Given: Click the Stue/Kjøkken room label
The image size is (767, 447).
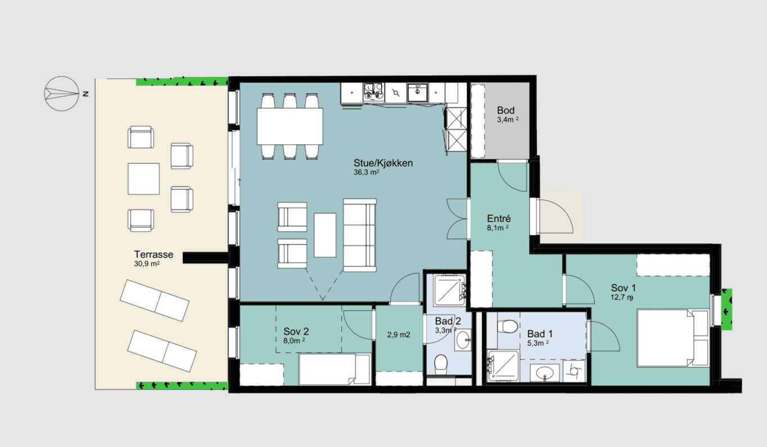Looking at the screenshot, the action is tap(383, 163).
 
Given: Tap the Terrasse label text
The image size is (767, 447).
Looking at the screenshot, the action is tap(154, 254).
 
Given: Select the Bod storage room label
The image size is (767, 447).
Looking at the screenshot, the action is tap(506, 110).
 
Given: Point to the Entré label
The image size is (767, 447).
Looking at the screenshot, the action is tap(499, 218).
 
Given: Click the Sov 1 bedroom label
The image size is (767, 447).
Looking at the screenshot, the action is tap(623, 288).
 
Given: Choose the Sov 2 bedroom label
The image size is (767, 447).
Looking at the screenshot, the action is tap(296, 332).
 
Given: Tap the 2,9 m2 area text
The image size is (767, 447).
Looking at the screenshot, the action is tap(399, 335).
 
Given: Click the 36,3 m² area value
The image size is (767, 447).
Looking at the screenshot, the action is tap(366, 172).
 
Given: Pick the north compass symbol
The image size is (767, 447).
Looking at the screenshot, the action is tap(62, 93).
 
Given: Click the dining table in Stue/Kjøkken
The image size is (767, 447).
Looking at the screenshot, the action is tap(290, 126).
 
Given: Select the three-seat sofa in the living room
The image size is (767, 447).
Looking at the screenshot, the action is tap(359, 235).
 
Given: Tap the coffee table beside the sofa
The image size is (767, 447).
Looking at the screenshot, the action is tap(325, 235).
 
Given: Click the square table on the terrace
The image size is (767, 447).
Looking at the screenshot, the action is tap(143, 179).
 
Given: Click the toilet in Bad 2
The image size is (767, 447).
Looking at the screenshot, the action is tap(441, 364).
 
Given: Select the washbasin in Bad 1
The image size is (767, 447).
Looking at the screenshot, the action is tap(544, 373).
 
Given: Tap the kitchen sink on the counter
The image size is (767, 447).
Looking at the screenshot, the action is tap(417, 92).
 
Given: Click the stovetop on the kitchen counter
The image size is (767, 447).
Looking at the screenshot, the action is tap(373, 92).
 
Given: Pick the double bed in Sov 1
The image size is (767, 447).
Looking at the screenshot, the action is tap(673, 338).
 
